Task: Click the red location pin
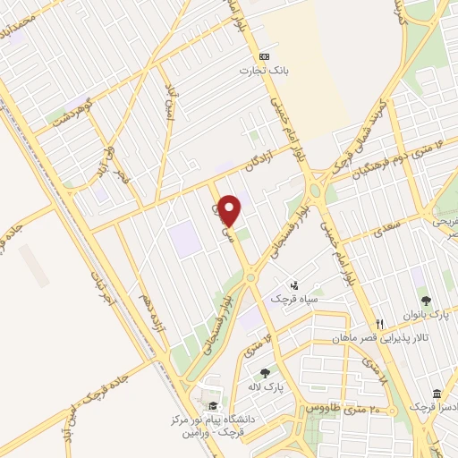230,210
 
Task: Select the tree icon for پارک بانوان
426,301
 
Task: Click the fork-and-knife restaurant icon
379,324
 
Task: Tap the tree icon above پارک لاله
265,373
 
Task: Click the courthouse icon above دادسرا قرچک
436,394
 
